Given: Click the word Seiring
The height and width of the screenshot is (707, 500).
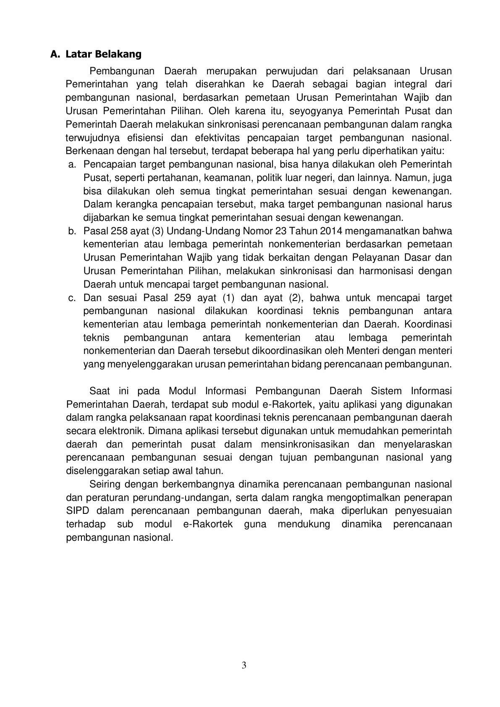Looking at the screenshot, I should coord(104,484).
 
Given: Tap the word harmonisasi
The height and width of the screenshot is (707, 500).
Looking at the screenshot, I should coord(382,271).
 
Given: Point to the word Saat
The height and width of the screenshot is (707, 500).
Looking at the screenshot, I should coord(99,391).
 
